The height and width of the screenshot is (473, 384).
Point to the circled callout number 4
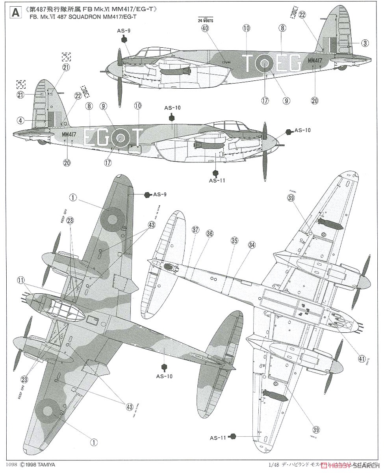(20, 120)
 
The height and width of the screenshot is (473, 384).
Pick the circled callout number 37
(195, 230)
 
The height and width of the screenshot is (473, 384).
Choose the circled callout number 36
(209, 233)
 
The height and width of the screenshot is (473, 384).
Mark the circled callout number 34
(251, 244)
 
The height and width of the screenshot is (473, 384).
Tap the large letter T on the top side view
(249, 63)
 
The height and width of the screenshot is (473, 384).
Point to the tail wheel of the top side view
(342, 67)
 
